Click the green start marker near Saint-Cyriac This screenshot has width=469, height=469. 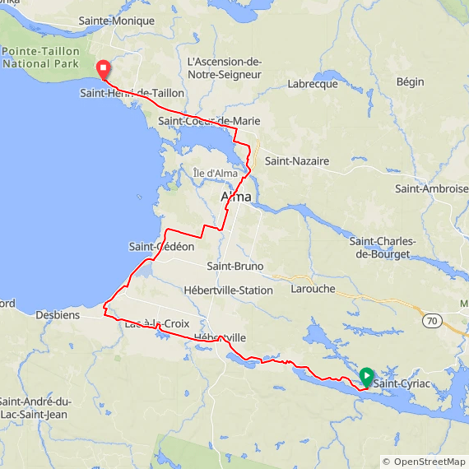366,377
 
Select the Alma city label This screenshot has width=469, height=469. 236,197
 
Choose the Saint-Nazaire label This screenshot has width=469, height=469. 296,162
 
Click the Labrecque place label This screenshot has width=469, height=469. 313,84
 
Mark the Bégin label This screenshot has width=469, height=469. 410,82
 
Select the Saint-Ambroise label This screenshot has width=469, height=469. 430,189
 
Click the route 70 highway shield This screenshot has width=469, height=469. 430,318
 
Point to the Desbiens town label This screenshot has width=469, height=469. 58,314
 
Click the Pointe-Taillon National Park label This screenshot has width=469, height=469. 40,57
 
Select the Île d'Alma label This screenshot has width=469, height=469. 215,173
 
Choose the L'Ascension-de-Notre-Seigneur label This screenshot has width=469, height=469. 224,68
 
